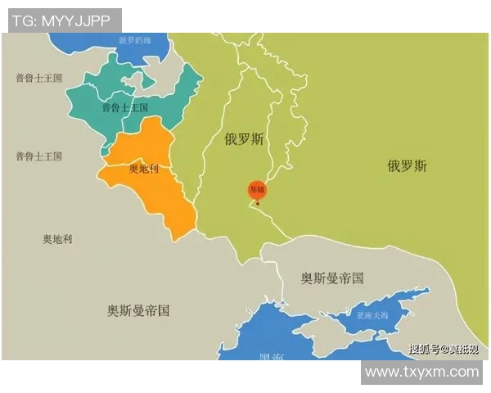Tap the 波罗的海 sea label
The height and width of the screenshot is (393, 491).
136,39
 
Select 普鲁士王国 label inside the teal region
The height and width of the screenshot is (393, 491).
124,107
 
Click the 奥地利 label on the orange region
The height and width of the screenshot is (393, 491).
144,169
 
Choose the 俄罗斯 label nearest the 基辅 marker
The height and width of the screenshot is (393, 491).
244,139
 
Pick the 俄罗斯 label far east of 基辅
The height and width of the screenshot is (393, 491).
407,166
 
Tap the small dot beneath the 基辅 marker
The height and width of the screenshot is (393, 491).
257,203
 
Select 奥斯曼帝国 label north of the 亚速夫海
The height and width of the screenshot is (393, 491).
331,278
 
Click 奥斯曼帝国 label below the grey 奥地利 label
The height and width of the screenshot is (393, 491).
138,310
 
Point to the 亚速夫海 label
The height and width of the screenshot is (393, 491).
376,314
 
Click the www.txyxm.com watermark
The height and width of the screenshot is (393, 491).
421,372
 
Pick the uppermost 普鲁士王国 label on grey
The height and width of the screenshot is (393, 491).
38,78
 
